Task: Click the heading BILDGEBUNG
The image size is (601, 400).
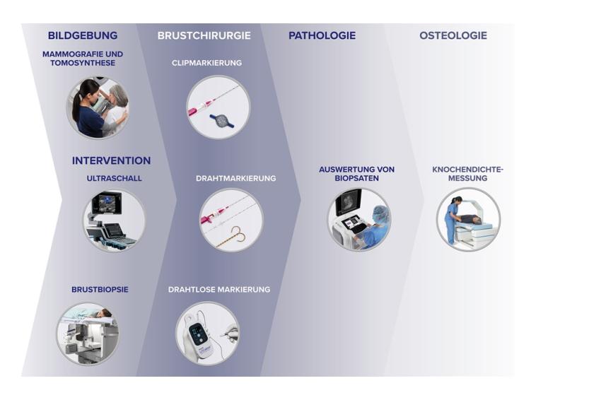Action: click(x=83, y=35)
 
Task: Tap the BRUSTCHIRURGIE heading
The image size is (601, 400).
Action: click(x=204, y=35)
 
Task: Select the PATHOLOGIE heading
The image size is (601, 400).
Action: click(x=322, y=35)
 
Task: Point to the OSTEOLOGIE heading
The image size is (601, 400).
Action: click(x=453, y=35)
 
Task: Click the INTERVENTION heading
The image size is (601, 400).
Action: click(x=111, y=160)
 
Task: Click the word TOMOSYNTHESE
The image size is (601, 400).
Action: click(x=83, y=63)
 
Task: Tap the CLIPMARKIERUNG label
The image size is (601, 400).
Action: click(x=206, y=63)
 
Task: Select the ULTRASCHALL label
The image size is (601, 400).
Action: click(x=114, y=178)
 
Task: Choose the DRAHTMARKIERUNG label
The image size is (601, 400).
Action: click(x=235, y=178)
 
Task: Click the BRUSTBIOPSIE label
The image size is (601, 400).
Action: click(x=100, y=289)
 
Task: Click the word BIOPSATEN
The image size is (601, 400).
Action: click(x=356, y=178)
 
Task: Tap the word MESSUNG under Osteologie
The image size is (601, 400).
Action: click(x=467, y=178)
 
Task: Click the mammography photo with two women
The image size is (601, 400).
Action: click(x=98, y=107)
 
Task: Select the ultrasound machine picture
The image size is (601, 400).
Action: click(x=114, y=220)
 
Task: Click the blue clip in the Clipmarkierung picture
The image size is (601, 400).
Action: click(x=221, y=120)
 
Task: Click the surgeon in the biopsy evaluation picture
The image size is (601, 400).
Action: click(x=376, y=227)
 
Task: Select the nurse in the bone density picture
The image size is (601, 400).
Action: click(x=453, y=220)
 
